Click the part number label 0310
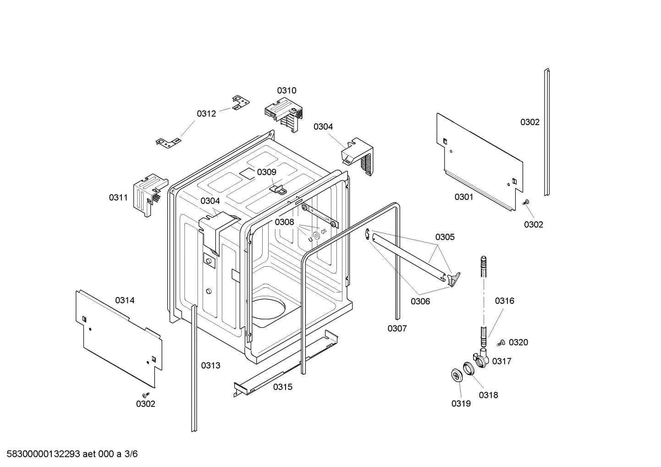click(x=286, y=90)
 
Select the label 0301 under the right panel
click(x=463, y=197)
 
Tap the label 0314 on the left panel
click(x=125, y=300)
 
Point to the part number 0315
click(x=282, y=387)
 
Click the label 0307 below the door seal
click(x=397, y=328)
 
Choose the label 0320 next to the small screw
click(x=518, y=342)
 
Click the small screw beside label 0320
click(x=501, y=342)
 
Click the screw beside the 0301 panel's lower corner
click(x=525, y=203)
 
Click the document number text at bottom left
click(x=69, y=454)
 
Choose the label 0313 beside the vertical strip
click(x=210, y=365)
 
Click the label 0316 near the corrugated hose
click(x=504, y=301)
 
